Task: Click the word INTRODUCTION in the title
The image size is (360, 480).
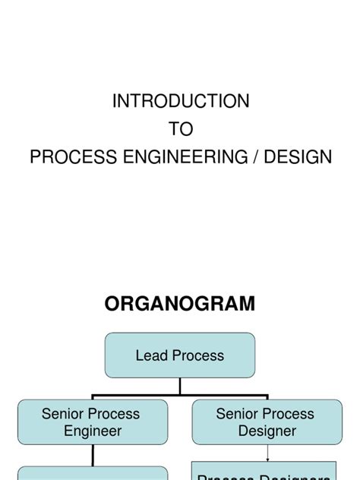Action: coord(181,101)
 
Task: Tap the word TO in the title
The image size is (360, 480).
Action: coord(181,129)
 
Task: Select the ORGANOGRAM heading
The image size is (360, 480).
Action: coord(180,304)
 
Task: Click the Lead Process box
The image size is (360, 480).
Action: coord(180,355)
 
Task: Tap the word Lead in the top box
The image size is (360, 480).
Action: coord(150,355)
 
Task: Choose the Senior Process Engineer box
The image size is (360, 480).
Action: coord(92,422)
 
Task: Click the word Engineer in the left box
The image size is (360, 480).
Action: coord(91,431)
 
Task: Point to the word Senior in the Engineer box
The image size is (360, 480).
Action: coord(63,414)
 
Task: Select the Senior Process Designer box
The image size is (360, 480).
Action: coord(267,422)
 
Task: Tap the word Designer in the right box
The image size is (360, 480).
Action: coord(267,431)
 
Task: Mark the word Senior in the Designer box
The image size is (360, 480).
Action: coord(238,414)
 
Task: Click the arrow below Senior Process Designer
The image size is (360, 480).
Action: coord(267,453)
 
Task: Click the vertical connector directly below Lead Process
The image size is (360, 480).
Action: coord(180,386)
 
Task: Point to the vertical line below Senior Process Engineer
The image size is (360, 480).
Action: coord(93,455)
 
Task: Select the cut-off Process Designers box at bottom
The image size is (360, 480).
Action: coord(264,472)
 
